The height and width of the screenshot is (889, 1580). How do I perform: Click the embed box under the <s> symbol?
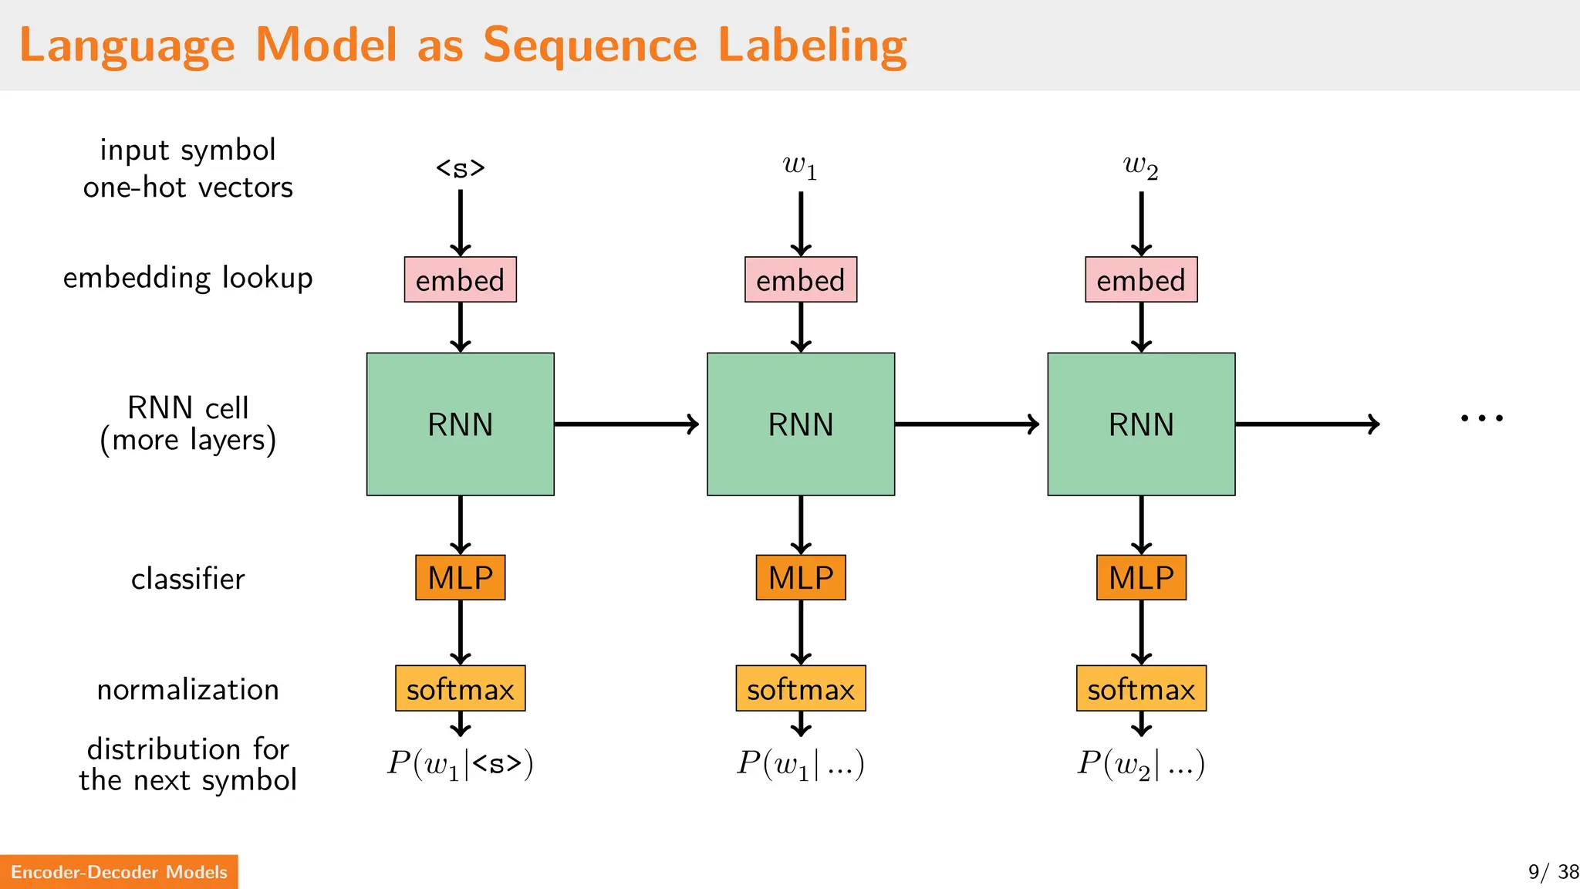460,279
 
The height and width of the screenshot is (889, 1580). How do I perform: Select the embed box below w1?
800,279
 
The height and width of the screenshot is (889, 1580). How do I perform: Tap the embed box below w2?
1141,279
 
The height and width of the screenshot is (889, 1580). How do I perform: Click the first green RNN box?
460,424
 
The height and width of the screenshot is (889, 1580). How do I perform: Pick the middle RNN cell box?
800,424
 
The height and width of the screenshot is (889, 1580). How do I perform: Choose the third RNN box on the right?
1141,424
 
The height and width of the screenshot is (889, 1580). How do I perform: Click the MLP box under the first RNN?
460,577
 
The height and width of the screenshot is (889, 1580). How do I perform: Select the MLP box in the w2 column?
1141,577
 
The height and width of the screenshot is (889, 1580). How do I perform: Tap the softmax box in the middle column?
800,688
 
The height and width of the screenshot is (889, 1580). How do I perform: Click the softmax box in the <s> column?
460,688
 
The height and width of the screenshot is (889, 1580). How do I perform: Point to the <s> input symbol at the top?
460,167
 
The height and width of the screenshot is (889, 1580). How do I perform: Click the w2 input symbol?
1140,166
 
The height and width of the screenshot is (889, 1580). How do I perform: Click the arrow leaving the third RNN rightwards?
1307,424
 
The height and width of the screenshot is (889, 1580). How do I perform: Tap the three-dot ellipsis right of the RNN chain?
1481,418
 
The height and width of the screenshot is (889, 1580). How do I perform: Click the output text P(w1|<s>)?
460,764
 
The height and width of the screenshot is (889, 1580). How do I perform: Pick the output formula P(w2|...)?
1141,764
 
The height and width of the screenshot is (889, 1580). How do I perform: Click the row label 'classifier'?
187,579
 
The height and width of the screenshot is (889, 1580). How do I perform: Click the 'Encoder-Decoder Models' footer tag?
119,872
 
